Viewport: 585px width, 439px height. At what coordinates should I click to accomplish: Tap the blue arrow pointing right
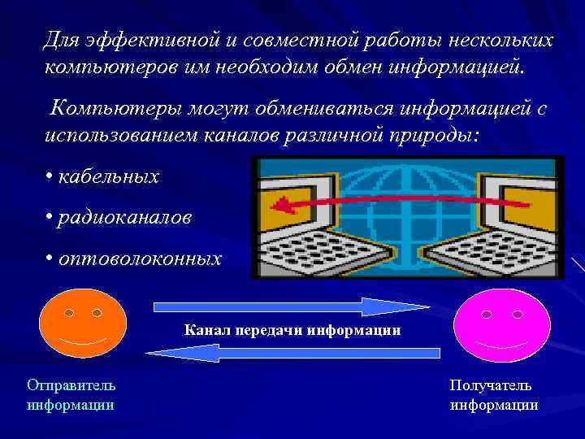point(291,307)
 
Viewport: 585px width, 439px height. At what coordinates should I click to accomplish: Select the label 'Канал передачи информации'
point(292,330)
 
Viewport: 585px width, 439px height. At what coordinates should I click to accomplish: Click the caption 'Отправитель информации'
point(71,394)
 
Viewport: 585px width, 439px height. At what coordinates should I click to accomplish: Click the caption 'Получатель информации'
point(493,394)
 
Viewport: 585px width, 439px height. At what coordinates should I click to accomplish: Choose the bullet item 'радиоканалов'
point(124,217)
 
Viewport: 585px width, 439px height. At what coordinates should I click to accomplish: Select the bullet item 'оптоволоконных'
point(138,259)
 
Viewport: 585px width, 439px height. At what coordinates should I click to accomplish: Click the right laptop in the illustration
point(504,232)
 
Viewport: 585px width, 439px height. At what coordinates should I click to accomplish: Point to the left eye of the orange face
point(69,312)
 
